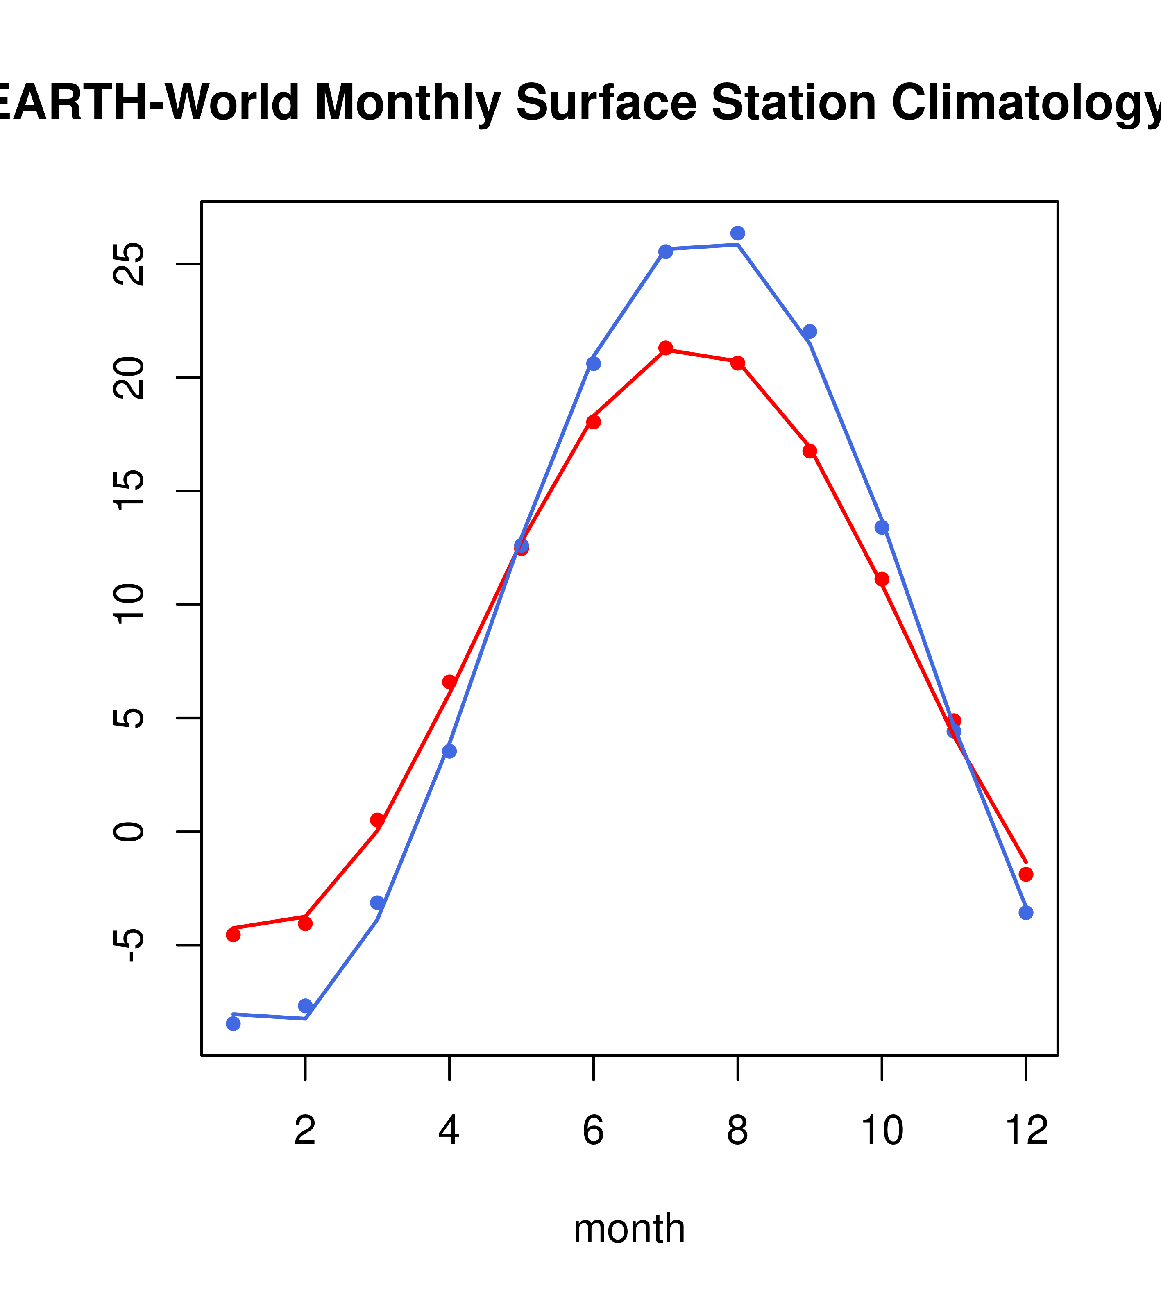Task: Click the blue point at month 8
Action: (x=737, y=233)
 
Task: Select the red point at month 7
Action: (x=666, y=348)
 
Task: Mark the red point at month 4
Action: (x=449, y=682)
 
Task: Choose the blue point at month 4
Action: (x=449, y=751)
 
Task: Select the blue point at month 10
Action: (x=882, y=527)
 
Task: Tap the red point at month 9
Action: (x=810, y=451)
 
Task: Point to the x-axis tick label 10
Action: (x=882, y=1131)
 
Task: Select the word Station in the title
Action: (x=793, y=102)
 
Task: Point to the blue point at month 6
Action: (x=594, y=363)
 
